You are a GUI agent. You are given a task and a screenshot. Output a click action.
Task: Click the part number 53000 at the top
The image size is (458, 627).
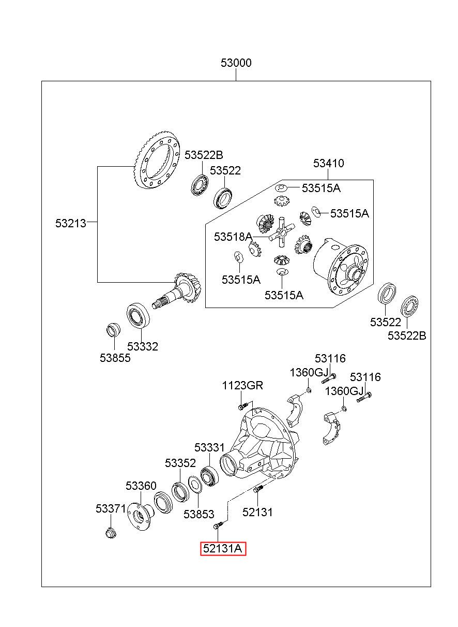click(x=236, y=63)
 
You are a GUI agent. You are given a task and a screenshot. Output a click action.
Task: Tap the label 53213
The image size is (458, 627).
click(x=71, y=223)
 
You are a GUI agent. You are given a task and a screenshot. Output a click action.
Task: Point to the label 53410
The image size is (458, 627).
click(x=328, y=163)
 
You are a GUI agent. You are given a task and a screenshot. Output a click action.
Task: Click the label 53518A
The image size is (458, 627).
click(x=233, y=237)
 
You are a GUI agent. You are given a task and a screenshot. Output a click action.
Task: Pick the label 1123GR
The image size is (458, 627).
click(x=242, y=385)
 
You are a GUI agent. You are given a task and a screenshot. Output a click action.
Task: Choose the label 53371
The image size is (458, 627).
click(x=111, y=508)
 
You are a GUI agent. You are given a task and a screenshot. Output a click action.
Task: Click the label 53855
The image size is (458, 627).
click(x=115, y=358)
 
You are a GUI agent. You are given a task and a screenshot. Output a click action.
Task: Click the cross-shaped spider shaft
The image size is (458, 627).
click(x=282, y=232)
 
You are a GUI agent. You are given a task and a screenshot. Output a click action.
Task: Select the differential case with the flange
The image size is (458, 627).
click(x=341, y=267)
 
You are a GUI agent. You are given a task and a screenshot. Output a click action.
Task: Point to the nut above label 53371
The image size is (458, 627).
click(x=111, y=533)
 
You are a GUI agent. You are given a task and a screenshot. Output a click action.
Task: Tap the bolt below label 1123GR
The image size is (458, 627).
click(x=243, y=405)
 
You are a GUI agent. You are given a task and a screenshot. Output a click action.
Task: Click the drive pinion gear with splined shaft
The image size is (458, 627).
click(x=177, y=291)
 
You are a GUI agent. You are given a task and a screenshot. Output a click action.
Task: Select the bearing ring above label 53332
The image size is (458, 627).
click(x=138, y=315)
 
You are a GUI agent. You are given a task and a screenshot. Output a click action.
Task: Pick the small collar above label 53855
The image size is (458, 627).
click(x=114, y=330)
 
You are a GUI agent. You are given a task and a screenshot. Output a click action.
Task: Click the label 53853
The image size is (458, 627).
click(x=199, y=514)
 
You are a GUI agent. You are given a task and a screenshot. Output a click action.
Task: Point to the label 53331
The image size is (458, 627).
click(x=209, y=447)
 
